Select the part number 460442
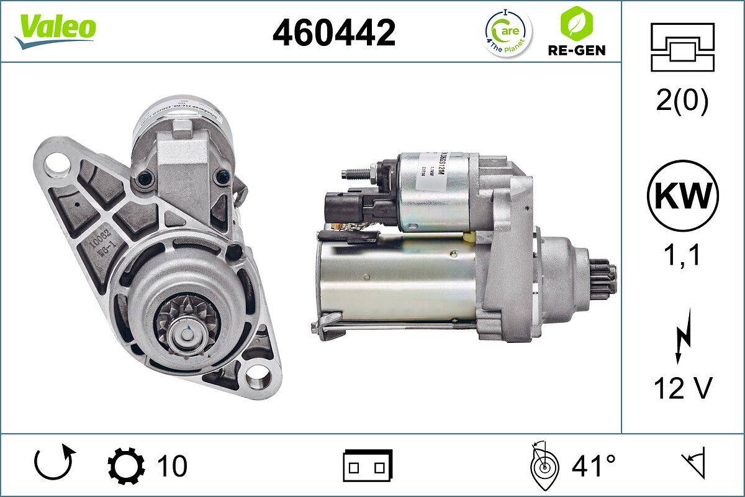click(334, 33)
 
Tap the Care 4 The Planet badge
click(507, 32)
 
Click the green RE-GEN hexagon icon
click(577, 24)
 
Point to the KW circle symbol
click(682, 196)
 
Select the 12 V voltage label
click(682, 389)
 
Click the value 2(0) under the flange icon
click(682, 101)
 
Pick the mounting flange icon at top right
click(682, 47)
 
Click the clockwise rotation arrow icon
click(55, 463)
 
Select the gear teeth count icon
click(126, 466)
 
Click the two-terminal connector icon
click(368, 465)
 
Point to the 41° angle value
click(594, 466)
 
